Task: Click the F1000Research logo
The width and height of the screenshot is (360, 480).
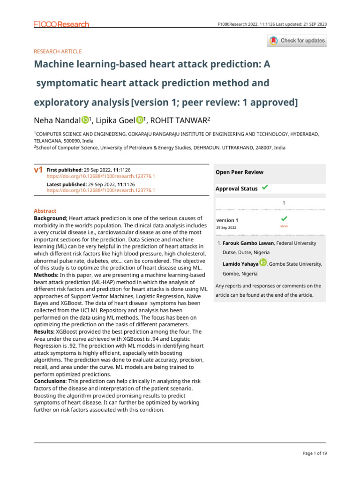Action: pyautogui.click(x=61, y=24)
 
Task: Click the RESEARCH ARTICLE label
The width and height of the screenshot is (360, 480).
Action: pyautogui.click(x=58, y=52)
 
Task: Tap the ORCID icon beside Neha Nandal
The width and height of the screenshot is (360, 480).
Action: pyautogui.click(x=85, y=120)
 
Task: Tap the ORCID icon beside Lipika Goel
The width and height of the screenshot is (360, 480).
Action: pyautogui.click(x=140, y=120)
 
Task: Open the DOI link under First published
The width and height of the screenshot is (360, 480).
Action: pyautogui.click(x=101, y=176)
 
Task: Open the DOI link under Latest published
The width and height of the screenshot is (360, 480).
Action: pyautogui.click(x=101, y=191)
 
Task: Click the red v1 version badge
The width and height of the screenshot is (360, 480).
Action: pyautogui.click(x=39, y=170)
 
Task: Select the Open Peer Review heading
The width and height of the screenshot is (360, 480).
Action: pyautogui.click(x=240, y=172)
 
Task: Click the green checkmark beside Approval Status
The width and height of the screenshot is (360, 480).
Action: pyautogui.click(x=265, y=187)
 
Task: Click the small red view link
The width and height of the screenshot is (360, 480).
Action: pyautogui.click(x=284, y=226)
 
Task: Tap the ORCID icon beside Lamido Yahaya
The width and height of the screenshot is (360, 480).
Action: pyautogui.click(x=263, y=262)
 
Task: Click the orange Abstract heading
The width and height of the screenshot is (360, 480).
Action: pyautogui.click(x=45, y=211)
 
